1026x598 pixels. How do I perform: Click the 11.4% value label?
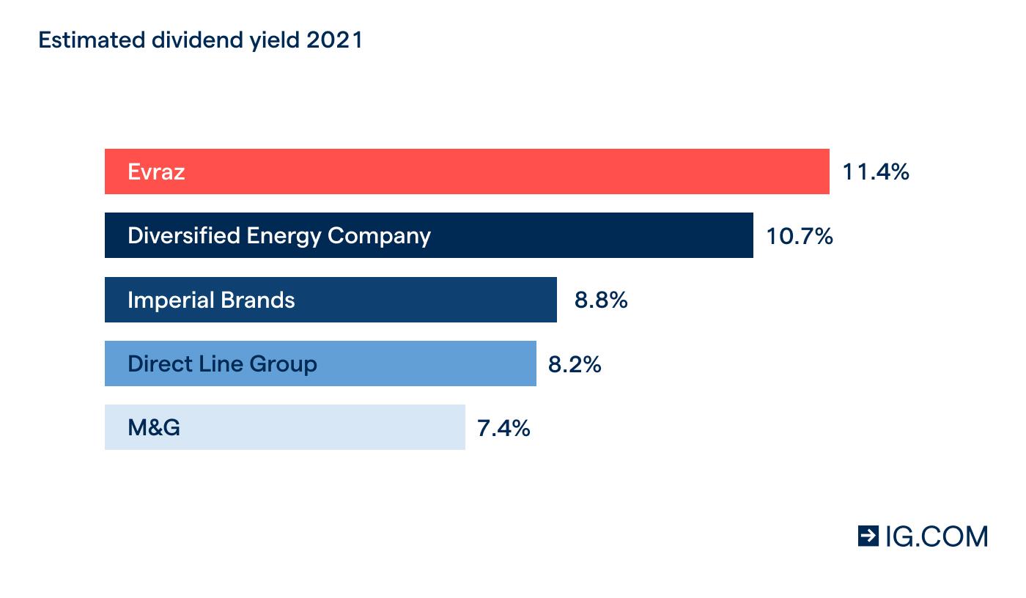tap(876, 171)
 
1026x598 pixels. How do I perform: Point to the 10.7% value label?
tap(800, 236)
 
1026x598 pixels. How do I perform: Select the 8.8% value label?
tap(601, 300)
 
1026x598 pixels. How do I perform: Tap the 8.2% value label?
tap(575, 364)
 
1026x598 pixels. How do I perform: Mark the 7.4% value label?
tap(503, 428)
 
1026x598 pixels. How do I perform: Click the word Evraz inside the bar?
tap(156, 171)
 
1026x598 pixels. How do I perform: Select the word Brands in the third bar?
tap(260, 300)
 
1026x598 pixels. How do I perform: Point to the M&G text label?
tap(154, 427)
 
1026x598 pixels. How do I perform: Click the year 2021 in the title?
tap(335, 40)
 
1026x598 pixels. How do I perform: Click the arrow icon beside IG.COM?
tap(868, 536)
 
